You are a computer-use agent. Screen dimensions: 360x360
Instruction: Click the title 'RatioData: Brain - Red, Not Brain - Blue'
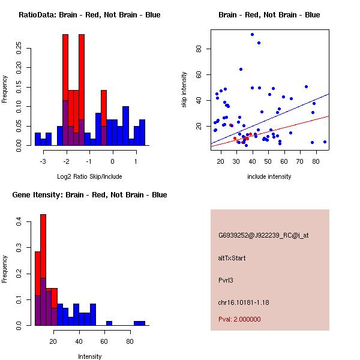(x=89, y=14)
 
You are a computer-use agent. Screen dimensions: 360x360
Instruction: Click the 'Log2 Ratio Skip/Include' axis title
(x=89, y=176)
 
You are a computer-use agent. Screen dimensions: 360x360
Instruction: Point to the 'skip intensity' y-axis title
(x=185, y=90)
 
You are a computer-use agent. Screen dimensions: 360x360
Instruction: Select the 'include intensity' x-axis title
(x=269, y=176)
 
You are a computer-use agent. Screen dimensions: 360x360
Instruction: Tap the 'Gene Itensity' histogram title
(x=89, y=194)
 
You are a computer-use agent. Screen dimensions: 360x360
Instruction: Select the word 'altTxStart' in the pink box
(x=232, y=258)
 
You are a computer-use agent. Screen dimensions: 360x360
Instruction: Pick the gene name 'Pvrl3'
(x=226, y=280)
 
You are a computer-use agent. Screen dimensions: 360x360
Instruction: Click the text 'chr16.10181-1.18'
(x=244, y=302)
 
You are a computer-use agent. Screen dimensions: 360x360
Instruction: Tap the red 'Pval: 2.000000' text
(x=239, y=319)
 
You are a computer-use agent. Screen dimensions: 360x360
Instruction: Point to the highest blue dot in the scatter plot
(x=253, y=34)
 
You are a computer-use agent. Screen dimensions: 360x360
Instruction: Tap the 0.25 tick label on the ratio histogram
(x=20, y=49)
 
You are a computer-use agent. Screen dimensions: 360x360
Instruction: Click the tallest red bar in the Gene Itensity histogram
(x=43, y=270)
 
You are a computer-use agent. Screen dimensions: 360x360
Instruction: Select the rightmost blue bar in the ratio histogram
(x=142, y=132)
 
